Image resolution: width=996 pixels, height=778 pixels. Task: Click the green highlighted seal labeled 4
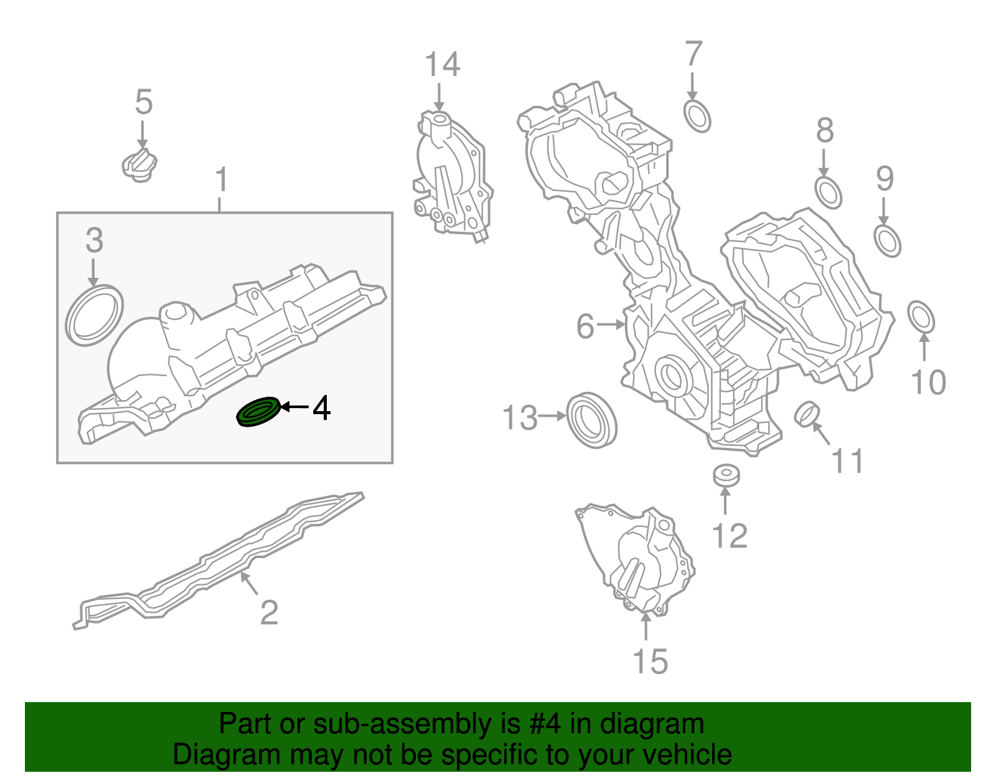click(x=258, y=412)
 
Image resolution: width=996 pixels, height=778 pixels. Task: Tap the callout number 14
click(x=442, y=65)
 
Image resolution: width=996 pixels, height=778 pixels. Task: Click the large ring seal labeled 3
click(x=94, y=315)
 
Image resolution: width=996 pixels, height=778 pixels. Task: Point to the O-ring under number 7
click(x=697, y=116)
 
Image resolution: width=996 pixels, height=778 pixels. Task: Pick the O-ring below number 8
click(x=828, y=192)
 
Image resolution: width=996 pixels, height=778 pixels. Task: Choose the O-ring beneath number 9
click(x=887, y=241)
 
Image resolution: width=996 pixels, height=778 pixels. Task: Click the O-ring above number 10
click(x=921, y=318)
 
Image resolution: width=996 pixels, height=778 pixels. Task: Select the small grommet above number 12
click(x=726, y=476)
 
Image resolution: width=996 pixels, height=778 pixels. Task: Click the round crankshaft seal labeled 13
click(x=592, y=420)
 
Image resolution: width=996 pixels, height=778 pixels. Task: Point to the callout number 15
click(x=650, y=662)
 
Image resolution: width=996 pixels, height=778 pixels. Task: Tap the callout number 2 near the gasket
click(x=269, y=612)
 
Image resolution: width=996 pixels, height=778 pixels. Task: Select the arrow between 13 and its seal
click(x=552, y=416)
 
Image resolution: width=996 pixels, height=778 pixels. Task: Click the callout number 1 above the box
click(x=221, y=180)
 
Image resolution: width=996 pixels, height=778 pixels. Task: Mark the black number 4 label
click(x=321, y=409)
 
